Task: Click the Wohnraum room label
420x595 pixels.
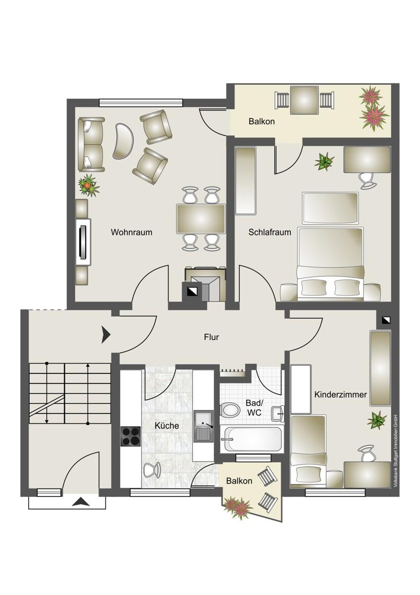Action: [131, 232]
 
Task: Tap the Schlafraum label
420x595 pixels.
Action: [269, 232]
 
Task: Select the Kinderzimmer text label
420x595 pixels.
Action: [341, 395]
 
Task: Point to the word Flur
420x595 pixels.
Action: [211, 337]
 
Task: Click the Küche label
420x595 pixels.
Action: [167, 425]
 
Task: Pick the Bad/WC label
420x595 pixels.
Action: [254, 408]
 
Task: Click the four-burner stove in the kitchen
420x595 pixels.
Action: [130, 436]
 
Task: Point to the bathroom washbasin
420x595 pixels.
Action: [278, 414]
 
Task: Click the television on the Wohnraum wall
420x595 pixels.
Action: [83, 242]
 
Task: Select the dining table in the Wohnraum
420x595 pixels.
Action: [201, 219]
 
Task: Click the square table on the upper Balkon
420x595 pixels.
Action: [304, 100]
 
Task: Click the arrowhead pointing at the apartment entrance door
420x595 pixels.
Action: [106, 335]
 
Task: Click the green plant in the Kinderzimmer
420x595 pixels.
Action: [377, 419]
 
